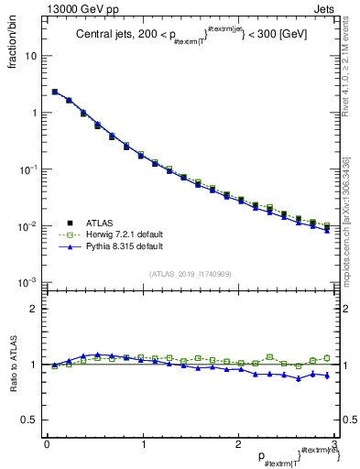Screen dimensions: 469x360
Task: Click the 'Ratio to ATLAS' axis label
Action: pos(13,364)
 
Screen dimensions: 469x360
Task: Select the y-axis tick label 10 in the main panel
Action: pos(31,56)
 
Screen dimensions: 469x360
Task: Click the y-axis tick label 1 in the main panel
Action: pos(34,113)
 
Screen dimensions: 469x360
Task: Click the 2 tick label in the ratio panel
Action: pos(34,309)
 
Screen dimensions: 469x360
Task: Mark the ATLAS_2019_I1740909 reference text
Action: pos(190,274)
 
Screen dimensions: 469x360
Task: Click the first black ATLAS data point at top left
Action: pos(55,92)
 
